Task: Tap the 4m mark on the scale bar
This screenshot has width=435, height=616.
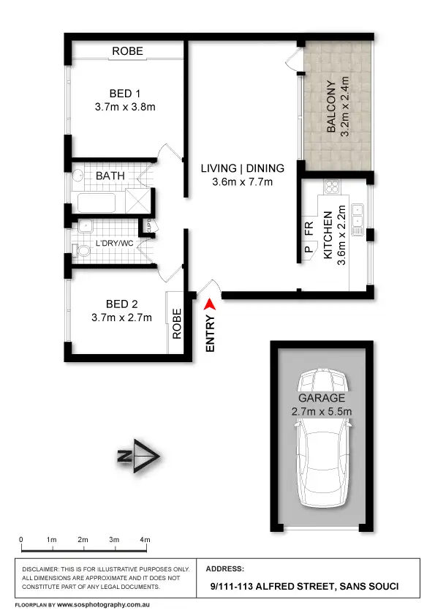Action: pyautogui.click(x=146, y=540)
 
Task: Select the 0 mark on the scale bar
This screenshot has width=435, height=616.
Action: pyautogui.click(x=21, y=540)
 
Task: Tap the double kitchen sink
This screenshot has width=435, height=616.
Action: pyautogui.click(x=358, y=218)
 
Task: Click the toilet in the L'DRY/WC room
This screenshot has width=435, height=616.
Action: pyautogui.click(x=82, y=251)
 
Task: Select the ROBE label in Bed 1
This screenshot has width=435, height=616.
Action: pyautogui.click(x=127, y=51)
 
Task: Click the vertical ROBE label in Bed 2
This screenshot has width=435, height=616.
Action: pyautogui.click(x=177, y=322)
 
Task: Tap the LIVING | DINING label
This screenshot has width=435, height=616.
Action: pyautogui.click(x=243, y=168)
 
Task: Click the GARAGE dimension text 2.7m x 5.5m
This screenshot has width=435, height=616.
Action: pyautogui.click(x=321, y=412)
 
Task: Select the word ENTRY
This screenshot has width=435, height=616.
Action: pyautogui.click(x=211, y=334)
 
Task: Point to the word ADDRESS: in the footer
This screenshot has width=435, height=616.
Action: pyautogui.click(x=227, y=568)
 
